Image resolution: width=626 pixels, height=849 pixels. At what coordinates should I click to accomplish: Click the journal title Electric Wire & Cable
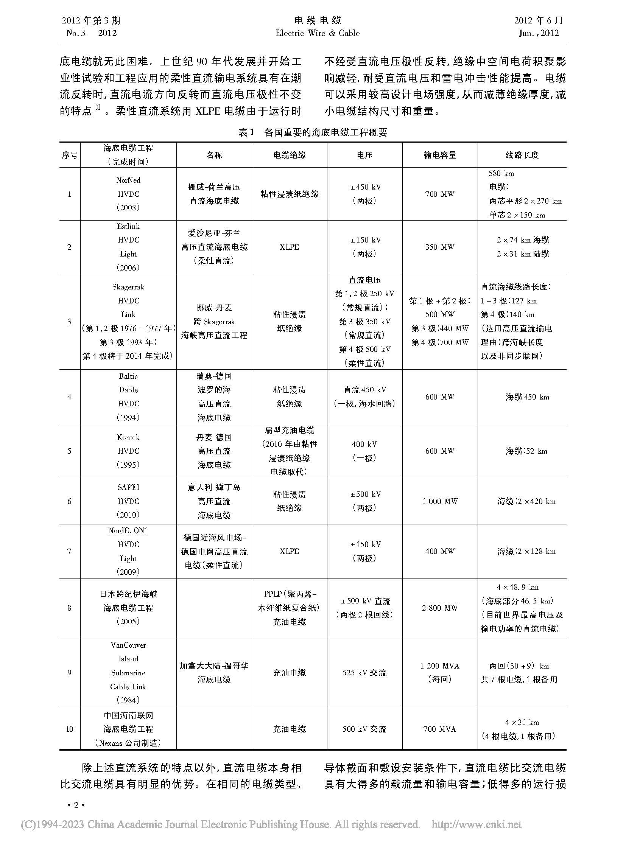point(317,33)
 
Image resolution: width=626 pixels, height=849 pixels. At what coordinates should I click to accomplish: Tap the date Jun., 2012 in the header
point(539,33)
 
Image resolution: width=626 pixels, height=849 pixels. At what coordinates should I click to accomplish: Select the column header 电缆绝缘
point(289,155)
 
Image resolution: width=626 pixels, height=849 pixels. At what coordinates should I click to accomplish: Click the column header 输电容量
point(439,155)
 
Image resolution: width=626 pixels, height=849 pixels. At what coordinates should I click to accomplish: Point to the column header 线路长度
point(522,155)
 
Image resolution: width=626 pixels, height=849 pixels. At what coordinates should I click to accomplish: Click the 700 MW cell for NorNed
point(439,194)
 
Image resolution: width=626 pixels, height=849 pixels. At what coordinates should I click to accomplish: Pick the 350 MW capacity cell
point(439,247)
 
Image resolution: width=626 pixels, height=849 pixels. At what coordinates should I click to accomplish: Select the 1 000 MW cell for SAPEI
point(439,501)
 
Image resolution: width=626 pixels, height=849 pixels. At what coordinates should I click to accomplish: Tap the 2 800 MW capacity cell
point(439,608)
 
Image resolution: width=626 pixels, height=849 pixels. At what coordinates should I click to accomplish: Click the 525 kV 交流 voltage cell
point(364,673)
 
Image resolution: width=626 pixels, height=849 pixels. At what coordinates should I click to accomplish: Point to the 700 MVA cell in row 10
point(439,729)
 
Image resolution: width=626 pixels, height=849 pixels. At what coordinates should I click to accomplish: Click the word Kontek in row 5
point(128,438)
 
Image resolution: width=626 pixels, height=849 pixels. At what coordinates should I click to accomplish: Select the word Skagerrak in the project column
point(128,287)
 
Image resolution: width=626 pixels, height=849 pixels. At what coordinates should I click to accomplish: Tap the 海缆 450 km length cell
point(527,397)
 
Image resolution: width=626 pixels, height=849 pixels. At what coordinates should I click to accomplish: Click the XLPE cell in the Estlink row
point(289,247)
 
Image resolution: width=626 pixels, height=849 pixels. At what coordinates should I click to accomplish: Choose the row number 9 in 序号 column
point(69,673)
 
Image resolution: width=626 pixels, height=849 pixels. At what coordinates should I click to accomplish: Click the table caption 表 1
point(245,132)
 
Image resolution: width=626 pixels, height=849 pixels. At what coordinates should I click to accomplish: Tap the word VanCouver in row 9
point(128,645)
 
